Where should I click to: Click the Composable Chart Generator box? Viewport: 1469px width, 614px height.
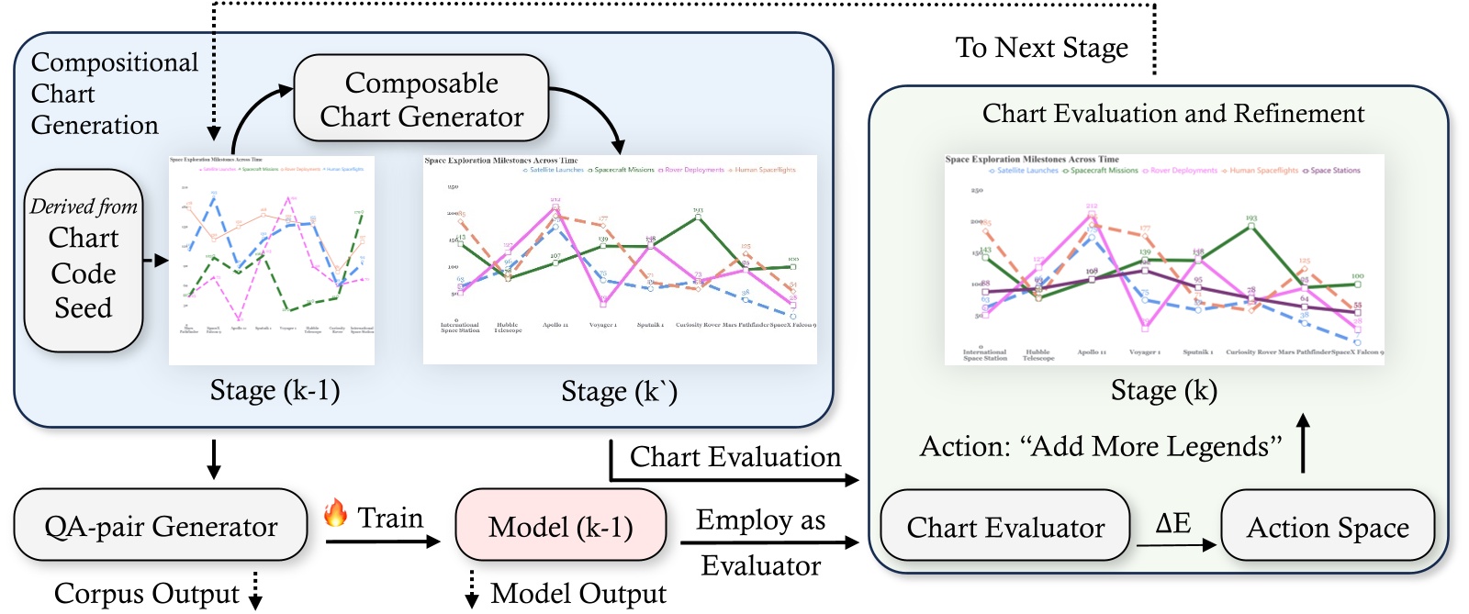point(421,99)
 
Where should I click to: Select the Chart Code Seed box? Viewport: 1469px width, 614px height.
point(84,261)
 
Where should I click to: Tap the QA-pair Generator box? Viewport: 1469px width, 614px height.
point(161,526)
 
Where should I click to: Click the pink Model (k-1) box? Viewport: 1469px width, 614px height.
point(560,526)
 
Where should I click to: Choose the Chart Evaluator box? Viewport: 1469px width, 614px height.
point(1005,527)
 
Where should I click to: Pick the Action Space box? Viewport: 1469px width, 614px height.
point(1327,527)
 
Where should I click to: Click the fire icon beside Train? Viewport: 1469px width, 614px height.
point(336,513)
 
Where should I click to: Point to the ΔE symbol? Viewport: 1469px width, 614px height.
point(1172,523)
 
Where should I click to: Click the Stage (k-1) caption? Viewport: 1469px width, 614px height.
point(275,390)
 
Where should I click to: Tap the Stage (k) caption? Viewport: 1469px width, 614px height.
point(1163,390)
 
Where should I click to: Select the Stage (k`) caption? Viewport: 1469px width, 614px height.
point(619,392)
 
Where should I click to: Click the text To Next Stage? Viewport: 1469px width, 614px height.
point(1041,48)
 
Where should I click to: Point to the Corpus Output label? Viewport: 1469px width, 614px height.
point(146,593)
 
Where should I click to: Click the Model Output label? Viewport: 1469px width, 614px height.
point(578,593)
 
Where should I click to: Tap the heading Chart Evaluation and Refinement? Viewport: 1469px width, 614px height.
point(1172,113)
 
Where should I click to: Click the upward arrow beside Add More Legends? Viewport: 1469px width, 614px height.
point(1302,443)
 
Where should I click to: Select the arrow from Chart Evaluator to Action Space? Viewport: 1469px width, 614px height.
point(1176,545)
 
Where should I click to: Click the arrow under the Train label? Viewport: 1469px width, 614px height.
point(383,541)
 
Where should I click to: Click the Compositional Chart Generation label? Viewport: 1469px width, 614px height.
point(113,94)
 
